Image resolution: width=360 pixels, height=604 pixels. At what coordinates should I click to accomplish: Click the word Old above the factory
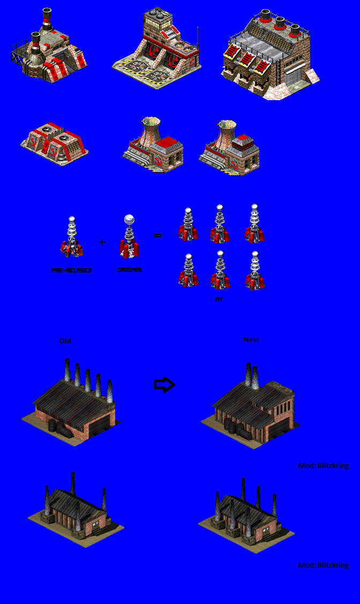tap(65, 341)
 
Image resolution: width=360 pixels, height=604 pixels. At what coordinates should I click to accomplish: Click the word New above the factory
tap(251, 340)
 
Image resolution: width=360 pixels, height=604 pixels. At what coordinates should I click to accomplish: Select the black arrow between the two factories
tap(164, 384)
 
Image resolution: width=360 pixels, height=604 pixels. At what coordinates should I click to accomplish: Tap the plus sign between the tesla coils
tap(102, 243)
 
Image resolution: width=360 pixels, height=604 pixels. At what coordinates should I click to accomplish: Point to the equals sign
tap(158, 235)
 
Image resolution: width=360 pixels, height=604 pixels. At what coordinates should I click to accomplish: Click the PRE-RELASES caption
tap(71, 270)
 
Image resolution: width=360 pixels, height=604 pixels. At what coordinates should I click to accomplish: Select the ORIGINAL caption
tap(130, 270)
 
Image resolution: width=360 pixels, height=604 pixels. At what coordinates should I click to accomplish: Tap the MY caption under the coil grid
tap(219, 300)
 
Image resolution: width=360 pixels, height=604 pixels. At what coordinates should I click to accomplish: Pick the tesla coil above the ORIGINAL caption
tap(129, 236)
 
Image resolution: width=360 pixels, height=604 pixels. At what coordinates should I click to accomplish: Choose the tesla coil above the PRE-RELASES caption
tap(71, 236)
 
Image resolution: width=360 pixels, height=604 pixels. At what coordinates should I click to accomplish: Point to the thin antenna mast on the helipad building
tap(198, 37)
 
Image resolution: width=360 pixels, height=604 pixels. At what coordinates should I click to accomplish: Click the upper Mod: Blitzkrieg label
tap(323, 466)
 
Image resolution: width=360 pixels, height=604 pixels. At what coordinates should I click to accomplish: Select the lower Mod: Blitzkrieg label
tap(323, 565)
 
